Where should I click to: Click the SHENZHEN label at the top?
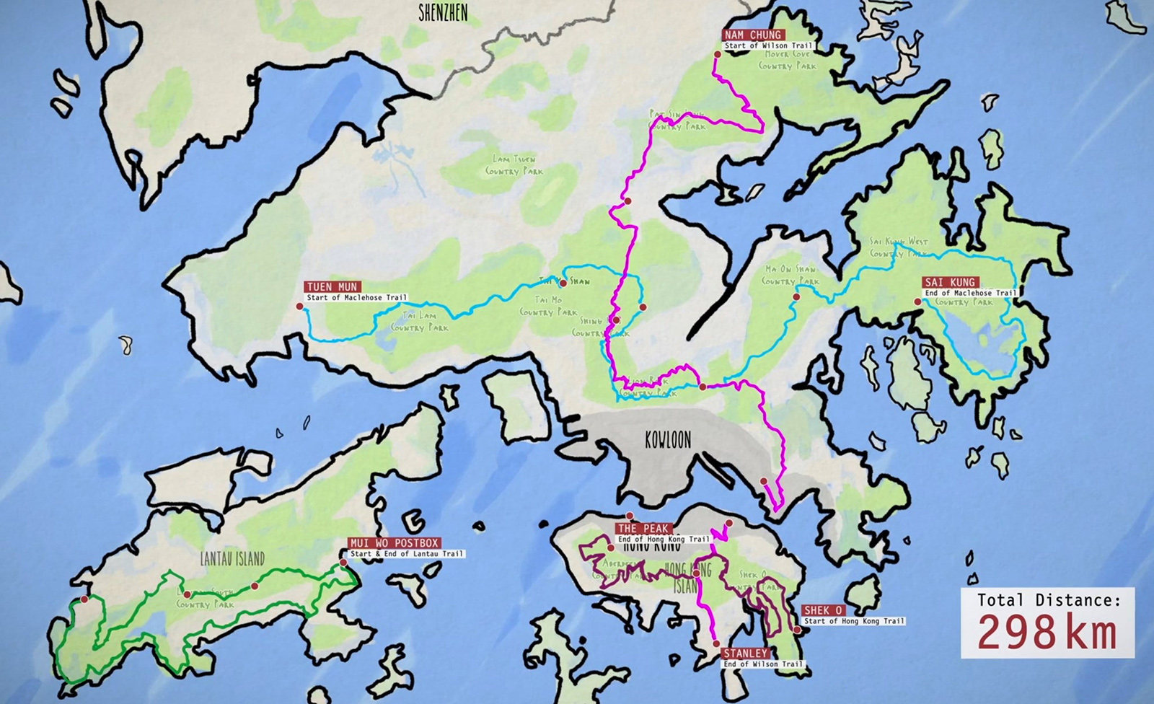pyautogui.click(x=444, y=12)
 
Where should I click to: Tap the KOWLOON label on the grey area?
pyautogui.click(x=668, y=439)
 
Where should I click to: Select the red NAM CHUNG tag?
pyautogui.click(x=754, y=35)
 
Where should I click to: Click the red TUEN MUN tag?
pyautogui.click(x=332, y=287)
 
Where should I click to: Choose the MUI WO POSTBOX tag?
pyautogui.click(x=394, y=543)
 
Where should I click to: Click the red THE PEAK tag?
pyautogui.click(x=643, y=529)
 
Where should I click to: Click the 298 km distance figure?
pyautogui.click(x=1047, y=633)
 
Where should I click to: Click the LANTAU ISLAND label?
pyautogui.click(x=233, y=558)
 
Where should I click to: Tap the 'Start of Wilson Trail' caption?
pyautogui.click(x=767, y=45)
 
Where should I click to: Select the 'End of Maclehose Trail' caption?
pyautogui.click(x=971, y=293)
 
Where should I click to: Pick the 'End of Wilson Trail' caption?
pyautogui.click(x=762, y=664)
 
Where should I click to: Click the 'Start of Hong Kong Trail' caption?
pyautogui.click(x=854, y=621)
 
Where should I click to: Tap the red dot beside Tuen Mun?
pyautogui.click(x=299, y=307)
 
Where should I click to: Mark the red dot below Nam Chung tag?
pyautogui.click(x=717, y=54)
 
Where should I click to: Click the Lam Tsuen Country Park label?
pyautogui.click(x=514, y=165)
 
